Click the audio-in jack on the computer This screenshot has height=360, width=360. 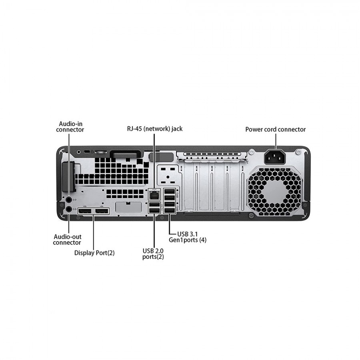[68, 199]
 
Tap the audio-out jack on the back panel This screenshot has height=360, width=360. [69, 208]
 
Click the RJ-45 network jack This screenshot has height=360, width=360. [154, 195]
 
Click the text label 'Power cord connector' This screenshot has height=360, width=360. [275, 129]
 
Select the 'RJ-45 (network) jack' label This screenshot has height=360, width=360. [152, 129]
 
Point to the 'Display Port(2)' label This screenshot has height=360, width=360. [94, 253]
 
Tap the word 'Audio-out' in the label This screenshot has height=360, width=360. [67, 237]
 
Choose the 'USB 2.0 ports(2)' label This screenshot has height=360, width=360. [153, 254]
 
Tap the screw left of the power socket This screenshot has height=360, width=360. [252, 152]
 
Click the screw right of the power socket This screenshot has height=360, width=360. [298, 152]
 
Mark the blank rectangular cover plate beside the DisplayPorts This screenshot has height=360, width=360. [128, 207]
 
